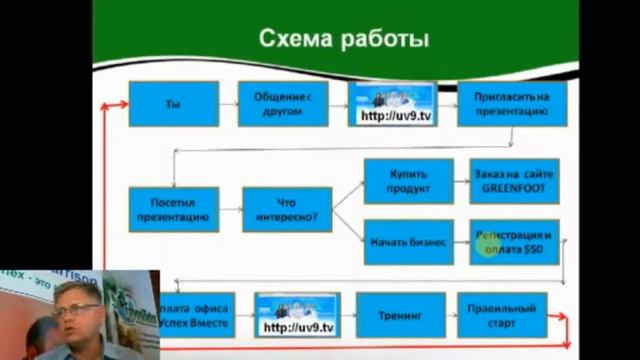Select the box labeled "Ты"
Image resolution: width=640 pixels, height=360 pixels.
tap(173, 104)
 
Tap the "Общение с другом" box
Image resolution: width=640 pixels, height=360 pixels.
tap(283, 104)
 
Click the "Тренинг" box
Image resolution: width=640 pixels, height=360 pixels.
tap(400, 314)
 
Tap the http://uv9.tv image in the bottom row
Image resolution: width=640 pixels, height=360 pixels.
tap(297, 314)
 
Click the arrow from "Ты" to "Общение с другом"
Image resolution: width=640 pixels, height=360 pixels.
tap(228, 104)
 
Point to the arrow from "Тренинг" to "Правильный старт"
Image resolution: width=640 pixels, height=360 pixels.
tap(451, 314)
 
